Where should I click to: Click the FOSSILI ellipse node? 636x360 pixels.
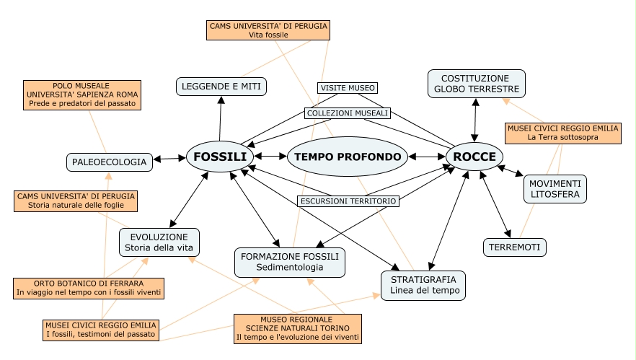coord(220,157)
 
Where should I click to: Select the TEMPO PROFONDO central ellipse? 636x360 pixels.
coord(348,157)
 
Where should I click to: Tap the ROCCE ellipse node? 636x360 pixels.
coord(474,157)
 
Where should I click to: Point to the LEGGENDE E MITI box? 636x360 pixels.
coord(222,87)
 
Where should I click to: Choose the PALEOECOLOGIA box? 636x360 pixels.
coord(110,162)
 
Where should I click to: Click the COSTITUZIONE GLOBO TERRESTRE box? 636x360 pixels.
coord(476,84)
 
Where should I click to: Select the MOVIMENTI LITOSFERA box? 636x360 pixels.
coord(555,189)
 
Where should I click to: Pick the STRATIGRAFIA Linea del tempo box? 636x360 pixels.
coord(423,285)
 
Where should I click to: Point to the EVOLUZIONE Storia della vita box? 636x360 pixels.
coord(159,242)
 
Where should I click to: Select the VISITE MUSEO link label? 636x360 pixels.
coord(347,88)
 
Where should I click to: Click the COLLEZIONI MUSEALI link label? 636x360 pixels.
coord(347,113)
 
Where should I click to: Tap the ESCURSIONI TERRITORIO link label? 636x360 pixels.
coord(348,201)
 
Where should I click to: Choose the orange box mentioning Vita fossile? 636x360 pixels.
coord(268,30)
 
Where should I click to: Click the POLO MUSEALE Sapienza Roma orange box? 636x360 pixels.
coord(83,95)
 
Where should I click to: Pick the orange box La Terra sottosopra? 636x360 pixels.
coord(562,132)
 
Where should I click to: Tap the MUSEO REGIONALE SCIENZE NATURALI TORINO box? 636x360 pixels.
coord(298,328)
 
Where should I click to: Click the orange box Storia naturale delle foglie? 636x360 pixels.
coord(76,201)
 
